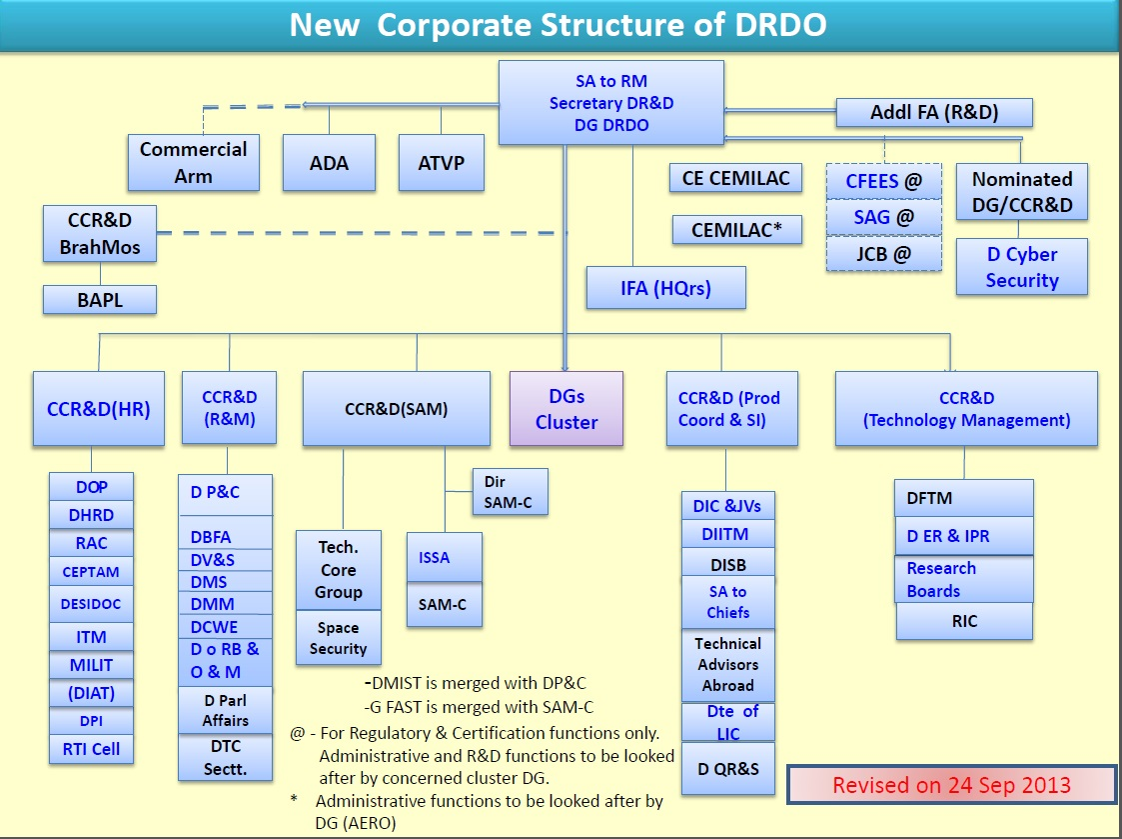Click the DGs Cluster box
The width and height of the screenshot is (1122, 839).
pos(565,409)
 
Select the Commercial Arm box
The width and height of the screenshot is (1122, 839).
pos(194,162)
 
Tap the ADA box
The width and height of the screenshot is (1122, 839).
pos(329,162)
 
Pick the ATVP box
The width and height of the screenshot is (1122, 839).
pos(441,162)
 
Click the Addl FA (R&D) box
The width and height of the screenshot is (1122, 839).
pos(933,113)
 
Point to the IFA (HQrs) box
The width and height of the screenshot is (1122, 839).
pos(665,288)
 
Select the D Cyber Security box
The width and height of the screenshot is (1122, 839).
pos(1021,267)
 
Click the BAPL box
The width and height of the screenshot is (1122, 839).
pos(100,299)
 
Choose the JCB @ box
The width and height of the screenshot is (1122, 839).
pos(884,254)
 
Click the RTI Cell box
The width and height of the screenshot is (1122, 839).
pos(91,749)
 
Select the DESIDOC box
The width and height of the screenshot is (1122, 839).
pos(91,604)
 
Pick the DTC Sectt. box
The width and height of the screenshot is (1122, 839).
pos(226,758)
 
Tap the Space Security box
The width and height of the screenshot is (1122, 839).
pos(338,638)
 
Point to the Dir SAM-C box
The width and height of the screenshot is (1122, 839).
pos(511,492)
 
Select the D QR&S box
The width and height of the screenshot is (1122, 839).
pos(728,768)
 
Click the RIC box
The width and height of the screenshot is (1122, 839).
pos(964,621)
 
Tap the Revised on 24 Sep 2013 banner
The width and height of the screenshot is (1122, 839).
pos(951,785)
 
